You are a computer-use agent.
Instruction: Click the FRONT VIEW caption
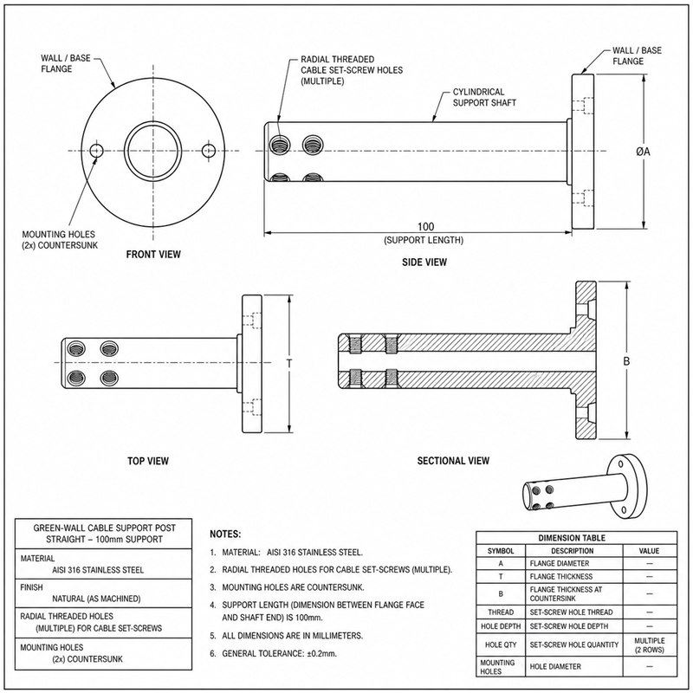pyautogui.click(x=153, y=254)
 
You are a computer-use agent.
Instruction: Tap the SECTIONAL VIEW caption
pyautogui.click(x=453, y=461)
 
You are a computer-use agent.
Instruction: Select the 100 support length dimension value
pyautogui.click(x=425, y=227)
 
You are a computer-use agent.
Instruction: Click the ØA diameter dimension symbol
pyautogui.click(x=643, y=152)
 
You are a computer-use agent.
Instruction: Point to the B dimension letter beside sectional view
pyautogui.click(x=626, y=361)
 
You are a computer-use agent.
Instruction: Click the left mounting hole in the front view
pyautogui.click(x=96, y=151)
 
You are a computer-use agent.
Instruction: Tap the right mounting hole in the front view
pyautogui.click(x=209, y=151)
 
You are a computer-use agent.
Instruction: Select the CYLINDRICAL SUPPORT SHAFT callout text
pyautogui.click(x=484, y=97)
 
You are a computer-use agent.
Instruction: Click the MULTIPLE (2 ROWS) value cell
pyautogui.click(x=649, y=645)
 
